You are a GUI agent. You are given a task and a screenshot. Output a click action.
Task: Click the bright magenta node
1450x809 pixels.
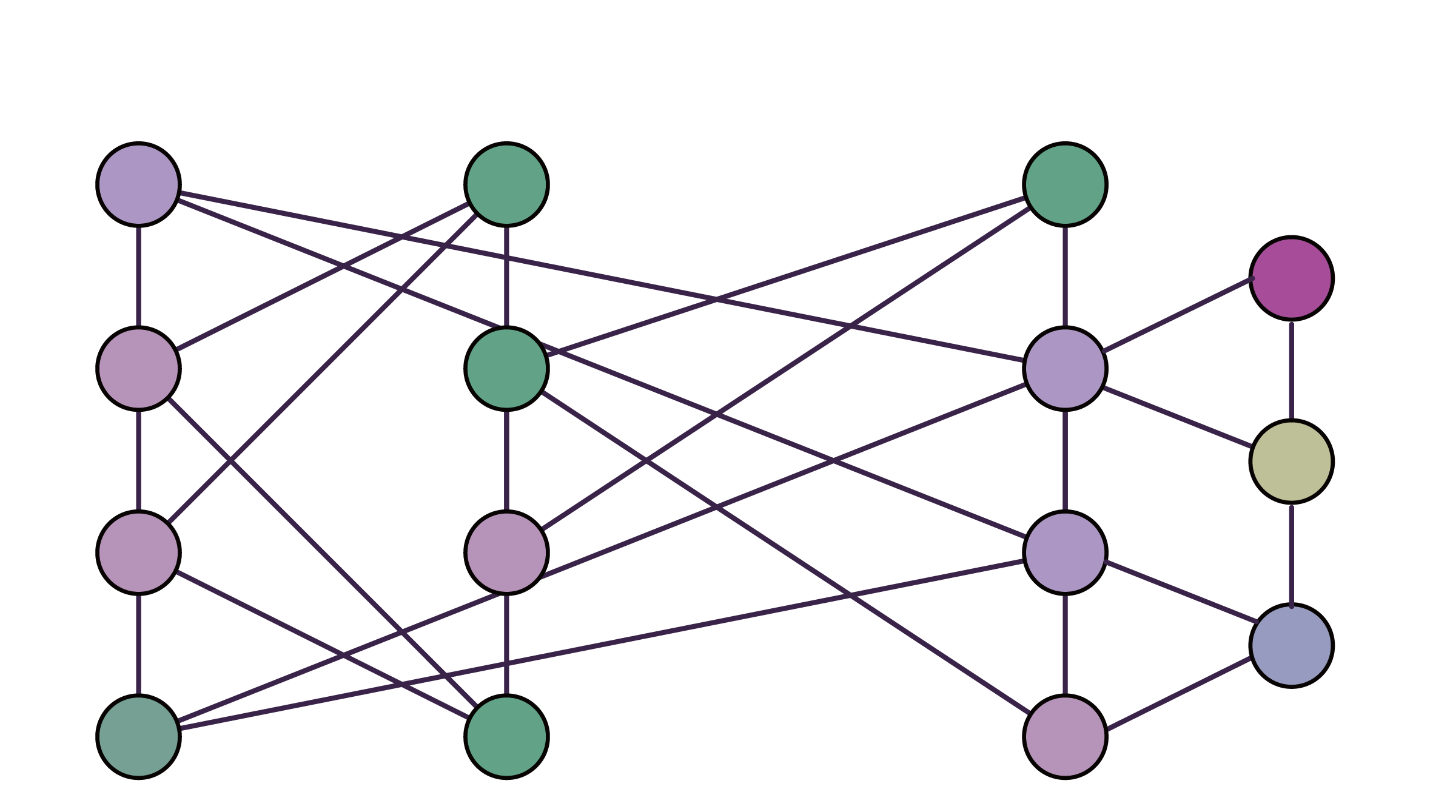tap(1291, 278)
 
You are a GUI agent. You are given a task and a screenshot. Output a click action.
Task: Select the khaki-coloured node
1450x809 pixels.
tap(1291, 462)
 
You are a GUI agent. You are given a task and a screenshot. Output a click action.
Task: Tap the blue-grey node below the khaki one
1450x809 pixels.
tap(1291, 645)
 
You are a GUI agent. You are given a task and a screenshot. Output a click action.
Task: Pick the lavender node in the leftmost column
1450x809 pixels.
tap(139, 184)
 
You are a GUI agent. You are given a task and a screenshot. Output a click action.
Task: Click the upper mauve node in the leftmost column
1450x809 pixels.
tap(139, 368)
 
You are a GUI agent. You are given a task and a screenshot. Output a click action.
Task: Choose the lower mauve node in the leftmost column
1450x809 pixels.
tap(139, 552)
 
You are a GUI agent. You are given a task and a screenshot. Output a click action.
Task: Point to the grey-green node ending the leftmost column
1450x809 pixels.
tap(139, 736)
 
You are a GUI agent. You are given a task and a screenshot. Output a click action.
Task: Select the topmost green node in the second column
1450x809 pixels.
tap(506, 184)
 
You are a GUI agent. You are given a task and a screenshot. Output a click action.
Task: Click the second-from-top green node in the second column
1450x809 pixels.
tap(506, 368)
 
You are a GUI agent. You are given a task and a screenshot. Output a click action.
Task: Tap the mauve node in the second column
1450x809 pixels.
tap(506, 552)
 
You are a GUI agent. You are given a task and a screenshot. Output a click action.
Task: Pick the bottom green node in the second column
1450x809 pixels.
tap(506, 736)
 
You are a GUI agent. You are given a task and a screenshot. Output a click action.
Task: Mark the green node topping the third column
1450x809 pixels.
tap(1065, 184)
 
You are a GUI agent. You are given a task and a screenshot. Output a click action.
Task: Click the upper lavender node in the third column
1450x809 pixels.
tap(1065, 368)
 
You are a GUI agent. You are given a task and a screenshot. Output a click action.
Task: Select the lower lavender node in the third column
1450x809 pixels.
tap(1065, 552)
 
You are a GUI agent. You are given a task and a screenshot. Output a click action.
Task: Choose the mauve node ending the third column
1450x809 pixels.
tap(1065, 736)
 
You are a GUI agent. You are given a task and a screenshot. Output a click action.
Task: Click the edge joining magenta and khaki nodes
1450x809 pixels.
tap(1291, 370)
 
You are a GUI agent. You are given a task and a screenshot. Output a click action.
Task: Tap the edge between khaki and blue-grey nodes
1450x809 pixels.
tap(1291, 553)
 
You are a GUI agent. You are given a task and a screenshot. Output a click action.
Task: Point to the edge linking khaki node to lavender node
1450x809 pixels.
tap(1178, 417)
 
